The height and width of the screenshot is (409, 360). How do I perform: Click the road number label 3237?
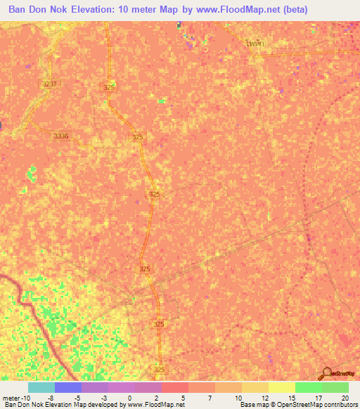click(49, 84)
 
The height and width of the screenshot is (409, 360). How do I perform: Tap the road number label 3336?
click(61, 136)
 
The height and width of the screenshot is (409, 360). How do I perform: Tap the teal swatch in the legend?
click(41, 387)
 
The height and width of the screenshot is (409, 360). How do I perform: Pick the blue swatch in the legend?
click(67, 387)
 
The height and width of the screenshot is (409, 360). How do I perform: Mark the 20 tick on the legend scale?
click(345, 397)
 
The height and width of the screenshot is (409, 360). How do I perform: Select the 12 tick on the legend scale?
click(264, 397)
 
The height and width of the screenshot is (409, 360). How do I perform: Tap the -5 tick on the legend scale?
click(77, 397)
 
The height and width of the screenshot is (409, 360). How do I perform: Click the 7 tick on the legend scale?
click(211, 397)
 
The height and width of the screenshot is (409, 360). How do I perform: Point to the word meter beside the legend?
click(11, 397)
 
